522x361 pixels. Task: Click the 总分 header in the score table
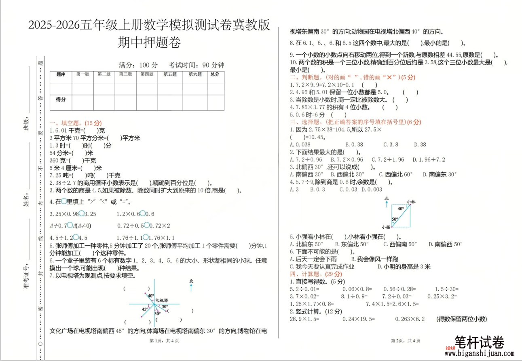point(215,74)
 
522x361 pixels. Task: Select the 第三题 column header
point(125,74)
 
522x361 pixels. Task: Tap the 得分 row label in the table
point(61,99)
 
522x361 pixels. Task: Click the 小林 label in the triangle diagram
point(411,202)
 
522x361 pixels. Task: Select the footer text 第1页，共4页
point(164,341)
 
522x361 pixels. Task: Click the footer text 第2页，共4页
point(406,341)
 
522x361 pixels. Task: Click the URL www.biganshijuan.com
point(479,353)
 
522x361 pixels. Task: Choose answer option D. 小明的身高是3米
point(404,266)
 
